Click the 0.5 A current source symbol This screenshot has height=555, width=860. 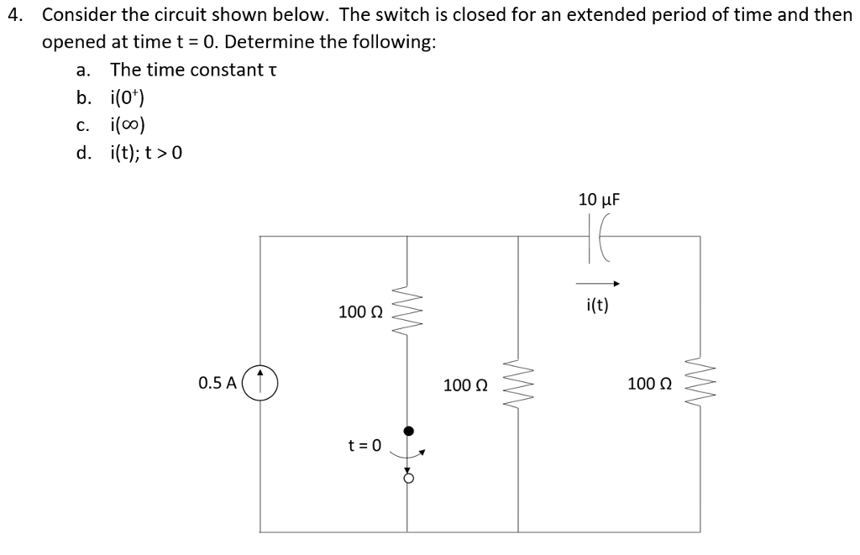260,384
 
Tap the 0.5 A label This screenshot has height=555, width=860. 217,384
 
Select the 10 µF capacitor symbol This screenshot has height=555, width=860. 600,236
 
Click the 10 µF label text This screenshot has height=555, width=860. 599,199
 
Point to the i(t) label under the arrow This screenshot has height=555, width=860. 598,305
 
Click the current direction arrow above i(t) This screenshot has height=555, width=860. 598,284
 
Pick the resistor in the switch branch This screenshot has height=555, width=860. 407,312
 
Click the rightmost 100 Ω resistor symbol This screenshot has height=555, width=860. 700,385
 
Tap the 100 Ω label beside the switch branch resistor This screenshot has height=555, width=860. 361,312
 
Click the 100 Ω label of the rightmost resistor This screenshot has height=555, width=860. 650,385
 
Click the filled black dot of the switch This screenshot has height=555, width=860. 408,431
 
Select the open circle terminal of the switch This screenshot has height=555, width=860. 408,479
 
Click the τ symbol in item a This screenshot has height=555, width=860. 270,71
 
